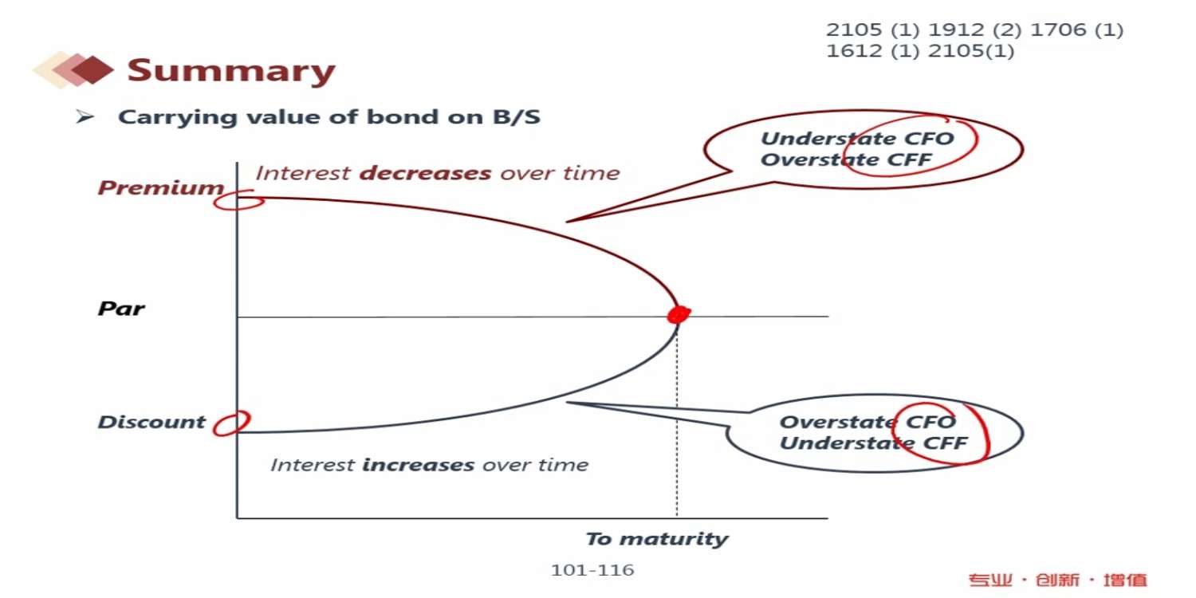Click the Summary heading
coord(231,70)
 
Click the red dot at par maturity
coord(679,314)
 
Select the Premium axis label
coord(161,188)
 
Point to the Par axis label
coord(121,309)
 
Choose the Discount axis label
coord(151,423)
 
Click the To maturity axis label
coord(657,539)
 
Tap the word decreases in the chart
coord(425,174)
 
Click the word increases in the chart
coord(418,465)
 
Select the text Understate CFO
coord(857,139)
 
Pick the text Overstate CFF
coord(846,159)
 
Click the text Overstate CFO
coord(867,423)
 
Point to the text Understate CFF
coord(874,443)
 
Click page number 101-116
coord(592,570)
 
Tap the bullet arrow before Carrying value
coord(85,116)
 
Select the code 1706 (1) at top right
coord(1076,30)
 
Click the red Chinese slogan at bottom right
coord(1058,580)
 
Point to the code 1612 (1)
coord(873,51)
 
